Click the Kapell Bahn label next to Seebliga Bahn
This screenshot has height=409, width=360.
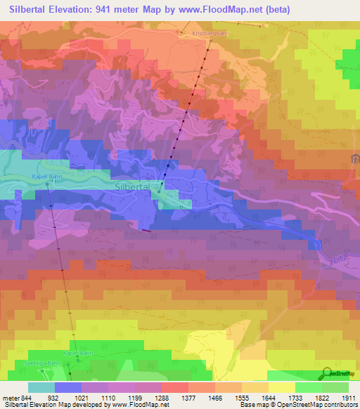click(x=78, y=353)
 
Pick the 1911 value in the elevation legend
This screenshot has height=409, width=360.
click(x=349, y=398)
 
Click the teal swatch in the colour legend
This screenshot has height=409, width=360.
click(x=41, y=387)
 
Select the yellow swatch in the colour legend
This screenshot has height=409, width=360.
click(x=281, y=387)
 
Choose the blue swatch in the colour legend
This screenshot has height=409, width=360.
click(x=68, y=387)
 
